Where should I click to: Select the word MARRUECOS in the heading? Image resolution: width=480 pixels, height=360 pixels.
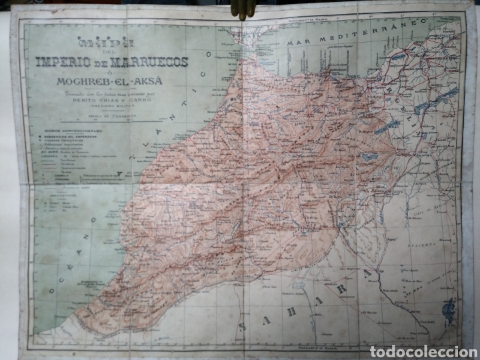(154, 63)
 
